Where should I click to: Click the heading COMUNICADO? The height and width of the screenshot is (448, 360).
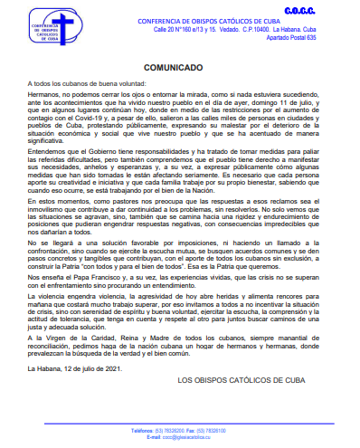tap(180, 67)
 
